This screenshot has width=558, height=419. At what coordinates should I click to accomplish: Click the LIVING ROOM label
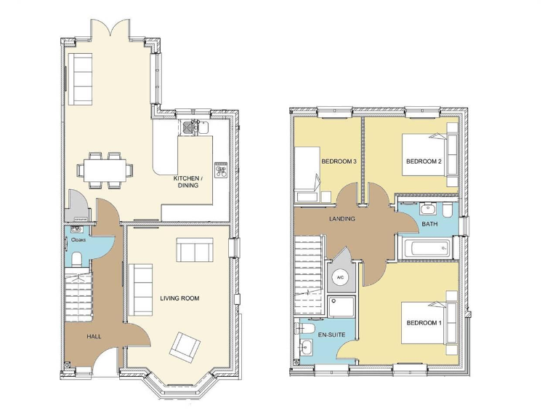pos(179,298)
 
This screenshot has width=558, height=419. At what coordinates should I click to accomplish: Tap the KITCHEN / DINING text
pos(192,181)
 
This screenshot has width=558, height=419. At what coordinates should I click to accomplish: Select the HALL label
pos(94,337)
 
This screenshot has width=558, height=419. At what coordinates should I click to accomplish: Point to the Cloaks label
pos(78,239)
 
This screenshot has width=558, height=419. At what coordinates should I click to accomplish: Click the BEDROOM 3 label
pos(338,161)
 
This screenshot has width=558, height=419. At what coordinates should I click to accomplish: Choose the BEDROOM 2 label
pos(424,161)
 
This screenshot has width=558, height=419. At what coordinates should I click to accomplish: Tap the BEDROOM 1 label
pos(424,322)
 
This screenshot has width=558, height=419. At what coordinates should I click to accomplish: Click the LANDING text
pos(341,219)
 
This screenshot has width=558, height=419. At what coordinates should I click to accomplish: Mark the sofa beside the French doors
pos(81,79)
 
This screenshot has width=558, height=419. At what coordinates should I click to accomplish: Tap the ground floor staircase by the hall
pos(79,294)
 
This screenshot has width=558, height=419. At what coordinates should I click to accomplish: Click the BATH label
pos(429,225)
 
